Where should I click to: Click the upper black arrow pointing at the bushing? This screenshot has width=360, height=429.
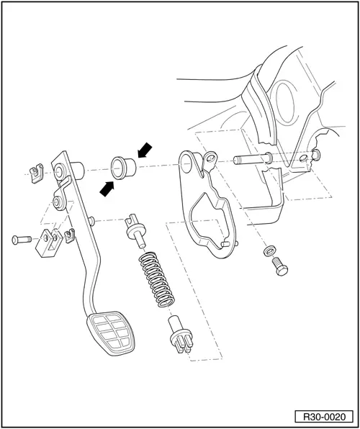point(146,150)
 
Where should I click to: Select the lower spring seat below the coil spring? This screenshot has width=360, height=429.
point(178,334)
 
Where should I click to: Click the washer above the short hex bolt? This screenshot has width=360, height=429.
point(269,250)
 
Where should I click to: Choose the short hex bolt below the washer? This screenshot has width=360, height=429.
point(278,265)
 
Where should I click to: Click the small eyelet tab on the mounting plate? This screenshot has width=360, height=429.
point(211,156)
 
